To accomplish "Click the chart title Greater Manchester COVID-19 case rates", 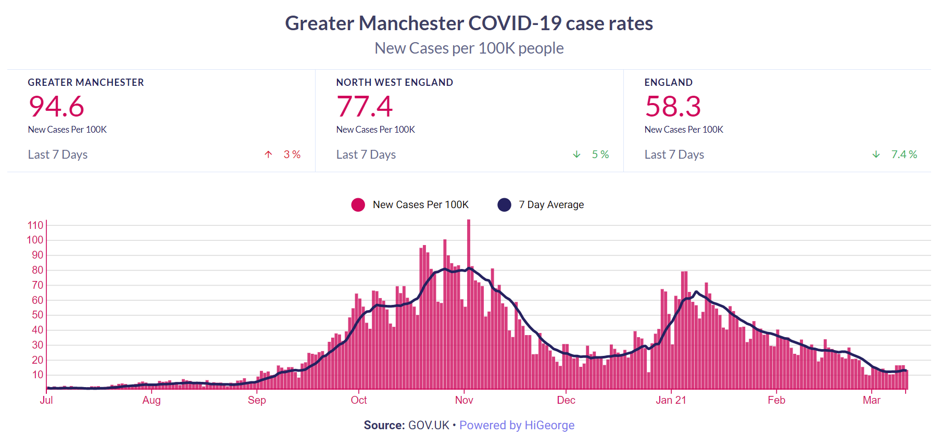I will (469, 23).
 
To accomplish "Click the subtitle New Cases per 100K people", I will (469, 48).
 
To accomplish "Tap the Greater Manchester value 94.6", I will (56, 107).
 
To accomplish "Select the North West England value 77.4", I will (365, 107).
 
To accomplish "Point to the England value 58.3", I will (673, 107).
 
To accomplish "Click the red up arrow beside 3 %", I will (268, 155).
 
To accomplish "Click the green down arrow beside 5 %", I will (576, 155).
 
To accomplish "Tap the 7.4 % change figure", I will (904, 155).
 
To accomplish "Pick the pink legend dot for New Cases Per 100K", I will (358, 205).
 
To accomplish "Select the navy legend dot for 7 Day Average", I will (504, 205).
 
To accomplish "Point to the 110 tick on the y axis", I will (35, 225).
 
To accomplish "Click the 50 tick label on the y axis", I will (37, 315).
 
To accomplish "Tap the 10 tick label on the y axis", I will (37, 375).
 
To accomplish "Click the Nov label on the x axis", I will (464, 400).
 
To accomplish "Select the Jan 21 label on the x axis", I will (671, 400).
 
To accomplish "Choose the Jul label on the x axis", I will (46, 400).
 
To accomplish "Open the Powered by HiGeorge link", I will (517, 425).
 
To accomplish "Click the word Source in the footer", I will (384, 425).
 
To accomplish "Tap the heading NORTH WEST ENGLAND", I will (394, 82).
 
